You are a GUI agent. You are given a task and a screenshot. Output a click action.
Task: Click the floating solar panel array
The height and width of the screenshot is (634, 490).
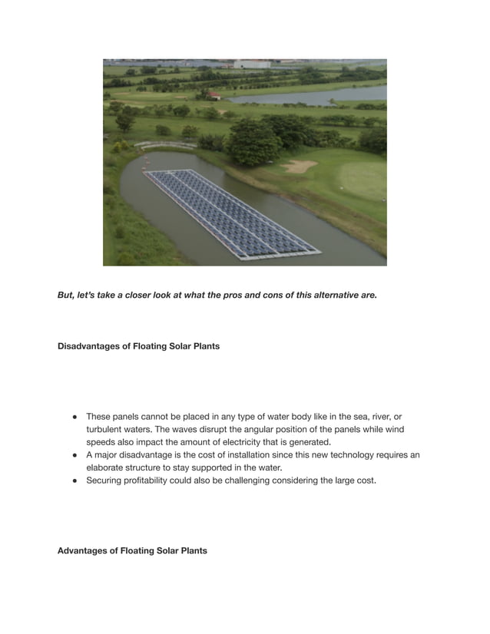230,213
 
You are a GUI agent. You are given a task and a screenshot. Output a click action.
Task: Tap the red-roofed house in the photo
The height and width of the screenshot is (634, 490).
214,95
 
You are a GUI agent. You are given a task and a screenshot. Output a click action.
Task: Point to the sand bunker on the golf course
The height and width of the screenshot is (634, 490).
299,165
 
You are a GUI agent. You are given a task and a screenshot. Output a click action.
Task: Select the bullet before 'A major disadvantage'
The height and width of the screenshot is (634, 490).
76,455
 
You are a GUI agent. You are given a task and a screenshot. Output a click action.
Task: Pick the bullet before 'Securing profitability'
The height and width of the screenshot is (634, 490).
76,481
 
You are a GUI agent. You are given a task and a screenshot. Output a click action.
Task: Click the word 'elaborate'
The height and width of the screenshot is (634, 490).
106,468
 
